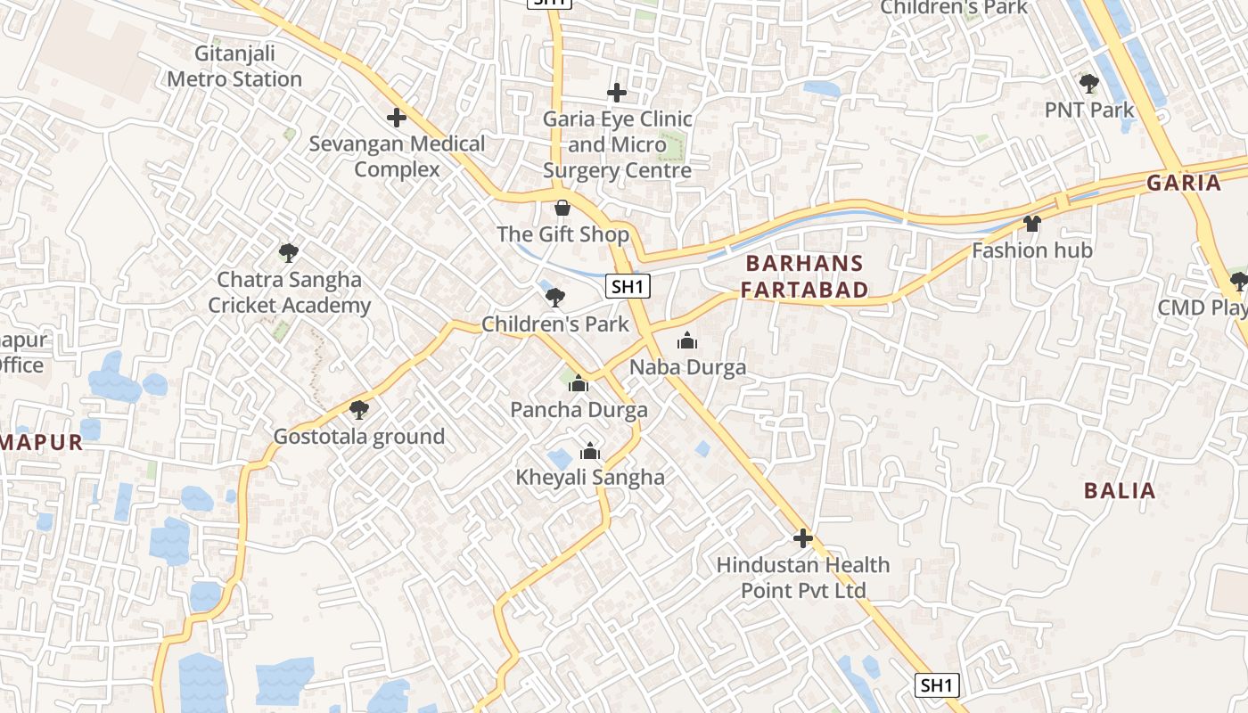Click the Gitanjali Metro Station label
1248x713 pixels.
point(234,66)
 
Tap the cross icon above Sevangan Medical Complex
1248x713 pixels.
point(397,118)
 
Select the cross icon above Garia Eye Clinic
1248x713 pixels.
point(616,93)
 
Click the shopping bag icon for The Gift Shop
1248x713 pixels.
point(562,209)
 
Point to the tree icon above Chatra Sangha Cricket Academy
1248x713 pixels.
point(288,253)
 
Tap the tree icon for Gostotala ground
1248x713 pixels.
point(359,410)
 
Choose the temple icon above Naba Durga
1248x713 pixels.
point(687,340)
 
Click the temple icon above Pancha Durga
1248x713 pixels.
point(579,384)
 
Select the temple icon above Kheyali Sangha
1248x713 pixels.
point(589,452)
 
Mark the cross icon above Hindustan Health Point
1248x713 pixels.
point(803,538)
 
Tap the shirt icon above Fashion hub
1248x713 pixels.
point(1032,224)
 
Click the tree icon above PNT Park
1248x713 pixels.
point(1088,84)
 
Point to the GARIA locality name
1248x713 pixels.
point(1183,183)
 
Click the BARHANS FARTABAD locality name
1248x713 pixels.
point(804,276)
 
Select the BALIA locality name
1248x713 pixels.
point(1120,490)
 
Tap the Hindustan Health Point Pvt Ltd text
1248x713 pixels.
point(803,578)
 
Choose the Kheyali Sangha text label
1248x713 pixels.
point(590,478)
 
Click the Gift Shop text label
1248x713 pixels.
point(562,234)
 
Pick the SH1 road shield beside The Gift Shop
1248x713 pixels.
point(628,286)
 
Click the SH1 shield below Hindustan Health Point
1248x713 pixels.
point(937,685)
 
